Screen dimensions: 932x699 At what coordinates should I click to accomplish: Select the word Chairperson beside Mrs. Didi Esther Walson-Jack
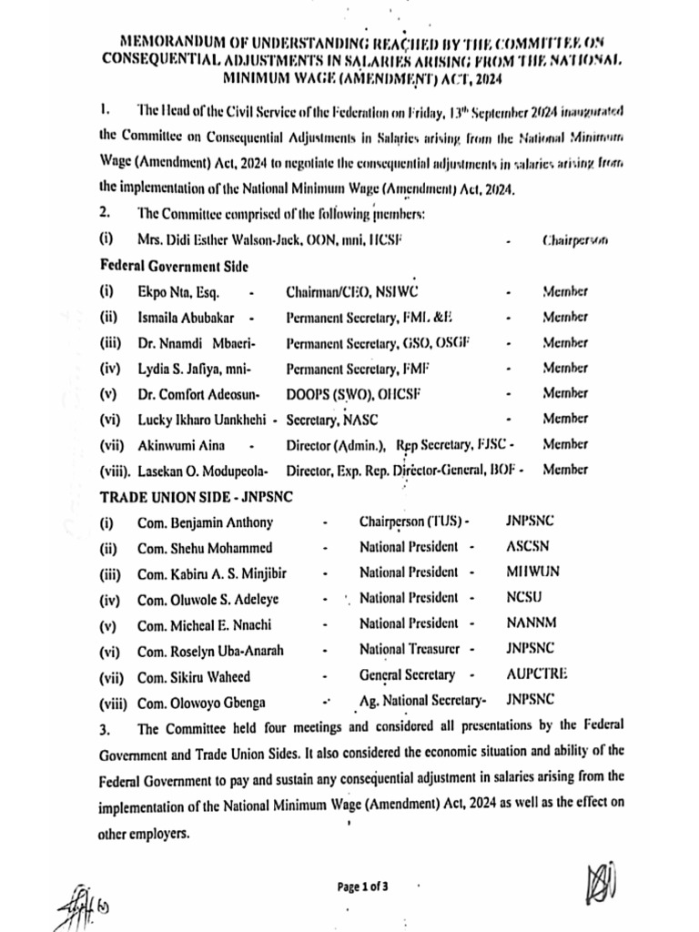tap(574, 241)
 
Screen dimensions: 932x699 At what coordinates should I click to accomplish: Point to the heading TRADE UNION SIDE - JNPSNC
tap(184, 497)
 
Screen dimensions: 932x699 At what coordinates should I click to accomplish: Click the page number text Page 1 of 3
tap(362, 886)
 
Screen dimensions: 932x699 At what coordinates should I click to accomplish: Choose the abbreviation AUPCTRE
tap(537, 674)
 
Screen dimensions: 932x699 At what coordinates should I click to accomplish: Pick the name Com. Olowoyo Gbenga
tap(202, 701)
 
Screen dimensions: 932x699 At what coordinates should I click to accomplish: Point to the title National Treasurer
tap(409, 649)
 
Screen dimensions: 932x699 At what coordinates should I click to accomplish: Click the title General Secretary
tap(407, 674)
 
